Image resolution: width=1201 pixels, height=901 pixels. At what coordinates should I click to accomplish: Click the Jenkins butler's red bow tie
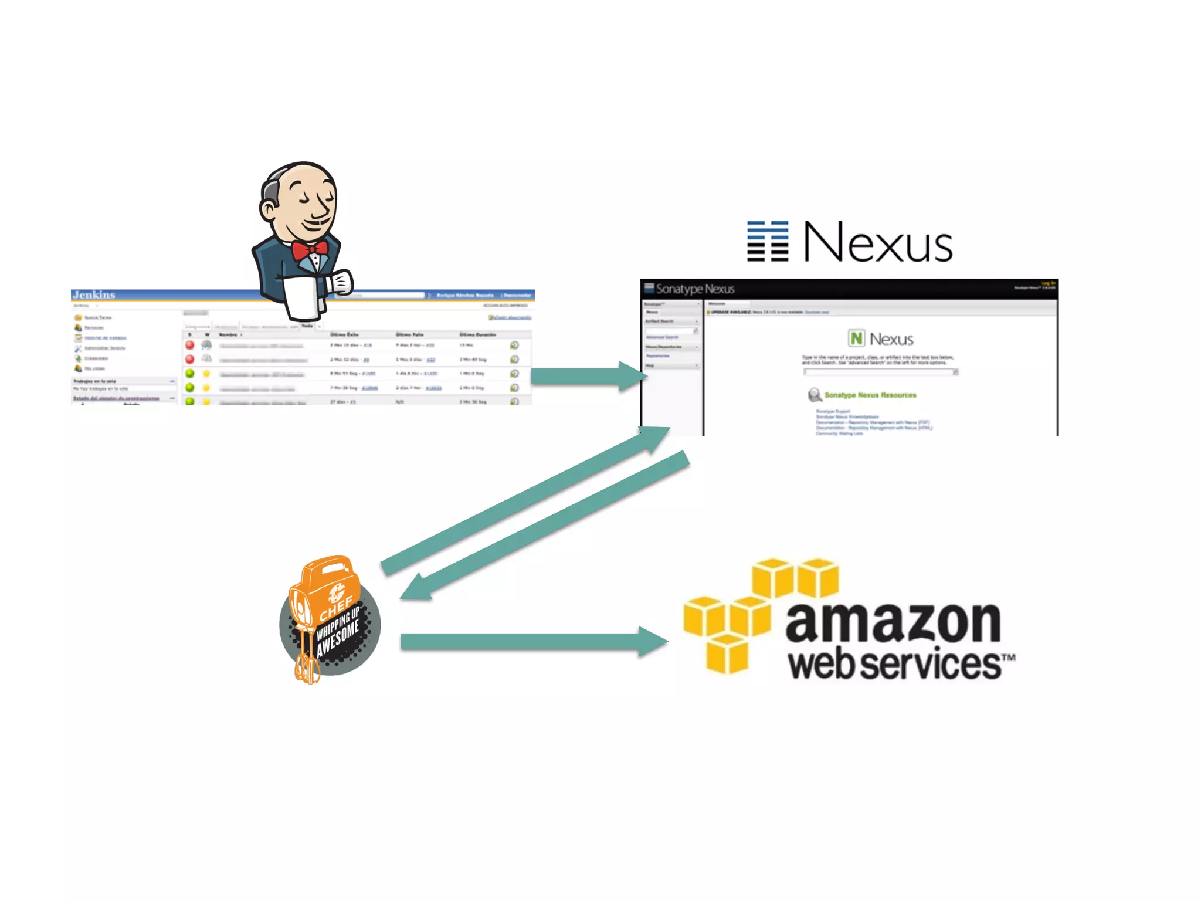tap(310, 251)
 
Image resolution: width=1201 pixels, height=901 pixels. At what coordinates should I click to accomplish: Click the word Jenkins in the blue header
tap(94, 294)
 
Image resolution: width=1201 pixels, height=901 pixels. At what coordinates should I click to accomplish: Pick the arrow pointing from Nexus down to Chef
tap(545, 525)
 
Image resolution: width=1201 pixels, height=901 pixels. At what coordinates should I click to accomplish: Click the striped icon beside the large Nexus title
tap(767, 241)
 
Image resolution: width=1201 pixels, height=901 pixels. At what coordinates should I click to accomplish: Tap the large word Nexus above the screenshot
tap(877, 242)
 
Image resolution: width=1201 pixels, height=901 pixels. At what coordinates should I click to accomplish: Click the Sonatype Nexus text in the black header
tap(695, 289)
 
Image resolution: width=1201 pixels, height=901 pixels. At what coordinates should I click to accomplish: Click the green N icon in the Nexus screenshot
tap(856, 338)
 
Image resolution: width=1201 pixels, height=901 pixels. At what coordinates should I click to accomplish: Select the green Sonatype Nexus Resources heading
tap(870, 395)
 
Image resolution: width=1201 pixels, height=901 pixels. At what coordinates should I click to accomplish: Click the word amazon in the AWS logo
tap(893, 622)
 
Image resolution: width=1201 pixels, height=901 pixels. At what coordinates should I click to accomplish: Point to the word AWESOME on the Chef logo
tap(338, 639)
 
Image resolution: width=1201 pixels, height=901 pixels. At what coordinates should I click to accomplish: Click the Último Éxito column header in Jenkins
tap(344, 334)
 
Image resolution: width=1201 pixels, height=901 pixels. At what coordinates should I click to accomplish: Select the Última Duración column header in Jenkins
tap(477, 334)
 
